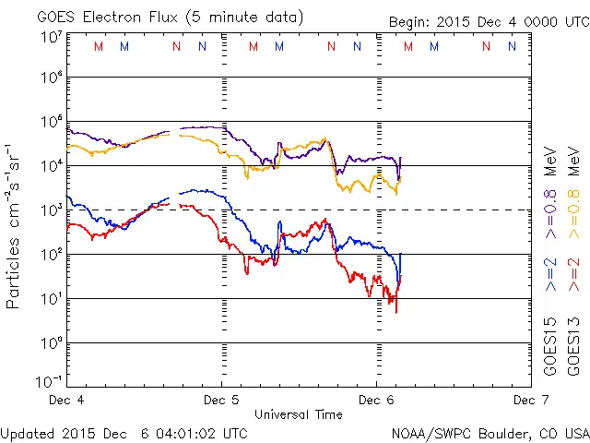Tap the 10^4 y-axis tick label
51,165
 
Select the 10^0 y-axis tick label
51,342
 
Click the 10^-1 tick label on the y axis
49,379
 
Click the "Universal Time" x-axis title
299,414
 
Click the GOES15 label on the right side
550,345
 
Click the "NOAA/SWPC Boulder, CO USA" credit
490,432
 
